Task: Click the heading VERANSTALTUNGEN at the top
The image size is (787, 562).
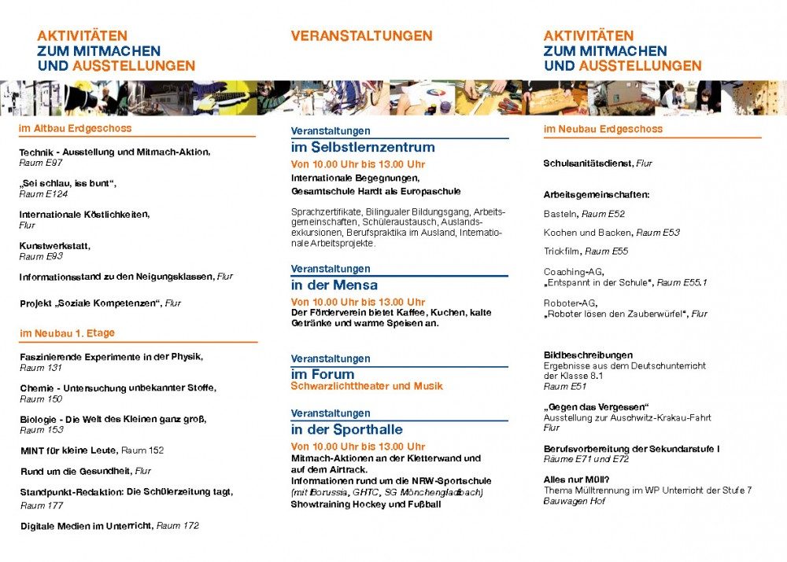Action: [361, 36]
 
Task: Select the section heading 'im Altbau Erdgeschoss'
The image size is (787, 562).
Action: [76, 128]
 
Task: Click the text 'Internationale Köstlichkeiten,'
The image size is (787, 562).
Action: [84, 214]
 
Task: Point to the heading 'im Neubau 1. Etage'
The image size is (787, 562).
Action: [68, 333]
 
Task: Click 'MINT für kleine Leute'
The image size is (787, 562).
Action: [69, 450]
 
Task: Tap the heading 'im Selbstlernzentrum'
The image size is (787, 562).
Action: [363, 147]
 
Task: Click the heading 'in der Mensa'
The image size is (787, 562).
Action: [334, 285]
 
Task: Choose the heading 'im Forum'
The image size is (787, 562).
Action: [323, 375]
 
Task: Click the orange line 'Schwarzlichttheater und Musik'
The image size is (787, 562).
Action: [367, 387]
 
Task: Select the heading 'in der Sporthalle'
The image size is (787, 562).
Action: [346, 430]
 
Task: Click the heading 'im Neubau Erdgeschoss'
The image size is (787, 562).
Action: [603, 129]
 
